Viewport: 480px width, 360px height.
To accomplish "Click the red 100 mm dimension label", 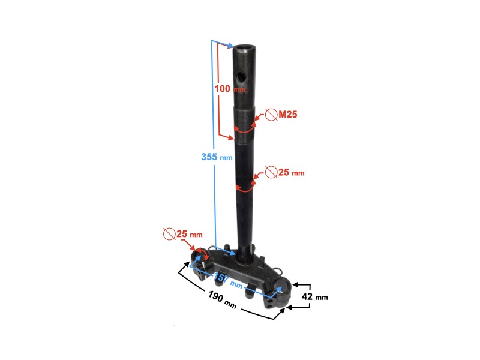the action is [x=230, y=89].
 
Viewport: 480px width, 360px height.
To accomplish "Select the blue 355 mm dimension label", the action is [x=217, y=157].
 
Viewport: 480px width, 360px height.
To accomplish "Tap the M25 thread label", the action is [x=288, y=114].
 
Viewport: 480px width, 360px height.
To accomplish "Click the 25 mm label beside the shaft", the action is [x=292, y=172].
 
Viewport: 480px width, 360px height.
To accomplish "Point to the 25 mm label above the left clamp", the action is [x=190, y=234].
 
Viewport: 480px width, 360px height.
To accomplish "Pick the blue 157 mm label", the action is [x=229, y=281].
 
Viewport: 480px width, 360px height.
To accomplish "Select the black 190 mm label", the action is [x=222, y=299].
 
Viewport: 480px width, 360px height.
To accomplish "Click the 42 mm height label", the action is [x=314, y=296].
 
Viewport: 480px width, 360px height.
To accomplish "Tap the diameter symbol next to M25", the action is [x=271, y=115].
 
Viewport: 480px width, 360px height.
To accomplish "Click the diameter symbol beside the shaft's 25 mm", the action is [x=271, y=172].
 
